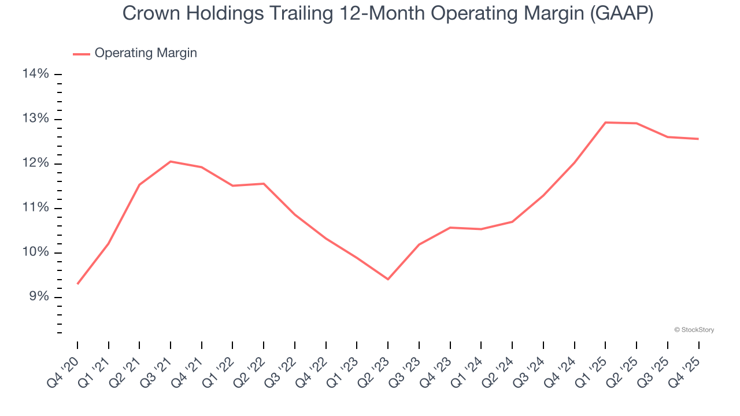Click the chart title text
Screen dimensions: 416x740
point(388,14)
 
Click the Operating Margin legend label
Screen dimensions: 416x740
point(146,53)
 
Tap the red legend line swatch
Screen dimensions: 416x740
point(82,54)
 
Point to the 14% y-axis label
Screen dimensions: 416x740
point(35,74)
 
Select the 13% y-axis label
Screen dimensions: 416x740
point(35,119)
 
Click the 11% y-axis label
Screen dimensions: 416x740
point(35,208)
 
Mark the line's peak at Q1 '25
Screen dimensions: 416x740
point(605,122)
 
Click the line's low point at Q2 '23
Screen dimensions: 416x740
point(388,279)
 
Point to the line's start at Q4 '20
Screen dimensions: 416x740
point(77,284)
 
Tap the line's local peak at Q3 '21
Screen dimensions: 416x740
point(171,161)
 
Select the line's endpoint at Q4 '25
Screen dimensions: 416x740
point(698,139)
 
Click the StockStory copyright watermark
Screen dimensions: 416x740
point(694,330)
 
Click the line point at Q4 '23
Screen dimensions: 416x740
point(450,228)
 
